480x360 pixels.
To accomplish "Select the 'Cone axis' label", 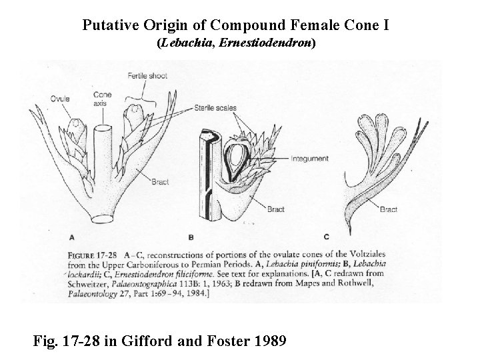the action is tap(103, 99).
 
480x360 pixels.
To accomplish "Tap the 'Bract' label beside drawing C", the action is tap(389, 209).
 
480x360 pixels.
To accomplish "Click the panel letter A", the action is tap(72, 236).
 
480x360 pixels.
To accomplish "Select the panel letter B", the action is tap(191, 236).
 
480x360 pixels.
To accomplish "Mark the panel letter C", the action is tap(326, 236).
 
